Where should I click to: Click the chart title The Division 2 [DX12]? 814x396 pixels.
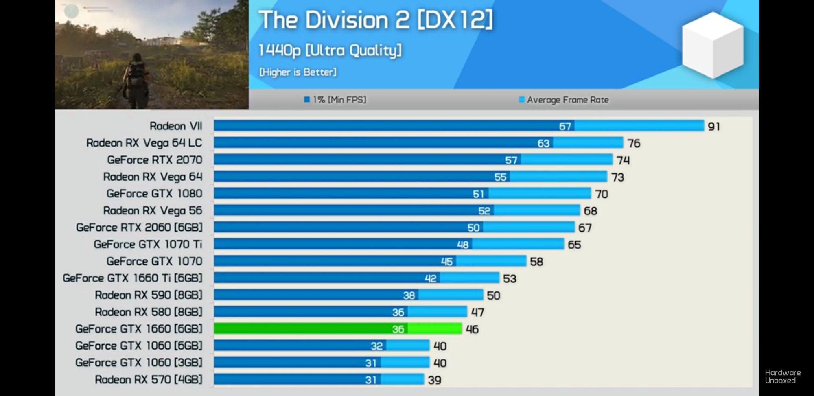tap(375, 20)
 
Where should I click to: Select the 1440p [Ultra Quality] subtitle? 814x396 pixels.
tap(330, 50)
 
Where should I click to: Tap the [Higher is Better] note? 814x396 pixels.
tap(298, 72)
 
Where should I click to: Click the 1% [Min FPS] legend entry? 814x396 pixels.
tap(335, 100)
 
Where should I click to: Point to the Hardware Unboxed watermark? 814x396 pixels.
tap(782, 376)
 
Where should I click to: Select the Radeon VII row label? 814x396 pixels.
tap(176, 126)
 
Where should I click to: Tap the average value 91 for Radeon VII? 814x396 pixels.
tap(714, 127)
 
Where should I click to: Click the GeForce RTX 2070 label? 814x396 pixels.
tap(155, 160)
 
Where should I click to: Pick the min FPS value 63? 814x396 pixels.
tap(543, 143)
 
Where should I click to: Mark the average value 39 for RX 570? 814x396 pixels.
tap(435, 380)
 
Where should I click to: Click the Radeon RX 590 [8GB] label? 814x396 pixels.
tap(149, 295)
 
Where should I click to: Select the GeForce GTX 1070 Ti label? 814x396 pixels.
tap(148, 244)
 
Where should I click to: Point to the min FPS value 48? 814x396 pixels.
tap(463, 245)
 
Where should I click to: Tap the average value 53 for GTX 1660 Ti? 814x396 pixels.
tap(510, 279)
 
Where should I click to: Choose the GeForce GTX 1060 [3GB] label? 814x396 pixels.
tap(139, 363)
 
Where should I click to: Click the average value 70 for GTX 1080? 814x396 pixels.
tap(602, 194)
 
